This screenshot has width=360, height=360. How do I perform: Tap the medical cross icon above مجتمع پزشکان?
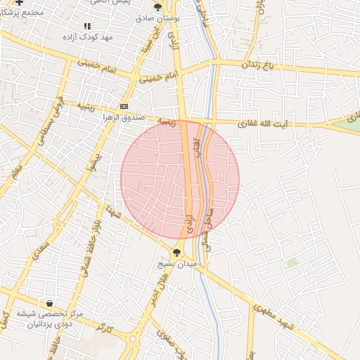pyautogui.click(x=19, y=2)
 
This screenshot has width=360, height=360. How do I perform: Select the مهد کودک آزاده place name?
pyautogui.click(x=88, y=36)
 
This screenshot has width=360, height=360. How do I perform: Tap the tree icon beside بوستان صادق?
pyautogui.click(x=158, y=6)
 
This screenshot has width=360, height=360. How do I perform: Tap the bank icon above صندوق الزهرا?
pyautogui.click(x=124, y=105)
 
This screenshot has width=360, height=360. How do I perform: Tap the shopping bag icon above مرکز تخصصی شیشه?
pyautogui.click(x=49, y=303)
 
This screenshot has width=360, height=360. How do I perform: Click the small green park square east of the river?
pyautogui.click(x=292, y=262)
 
